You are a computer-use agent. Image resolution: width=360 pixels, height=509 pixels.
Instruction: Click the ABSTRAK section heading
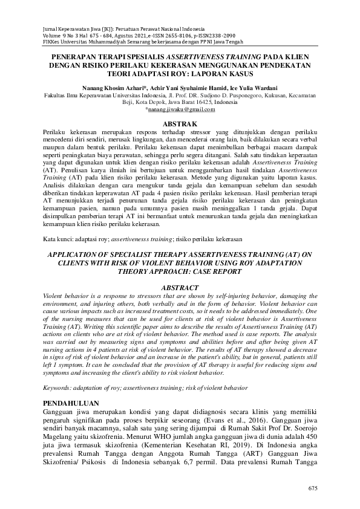pos(180,123)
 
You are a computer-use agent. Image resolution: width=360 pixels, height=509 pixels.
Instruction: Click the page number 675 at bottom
pos(313,488)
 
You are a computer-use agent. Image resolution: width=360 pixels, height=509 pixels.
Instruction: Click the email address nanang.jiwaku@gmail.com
pos(181,109)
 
